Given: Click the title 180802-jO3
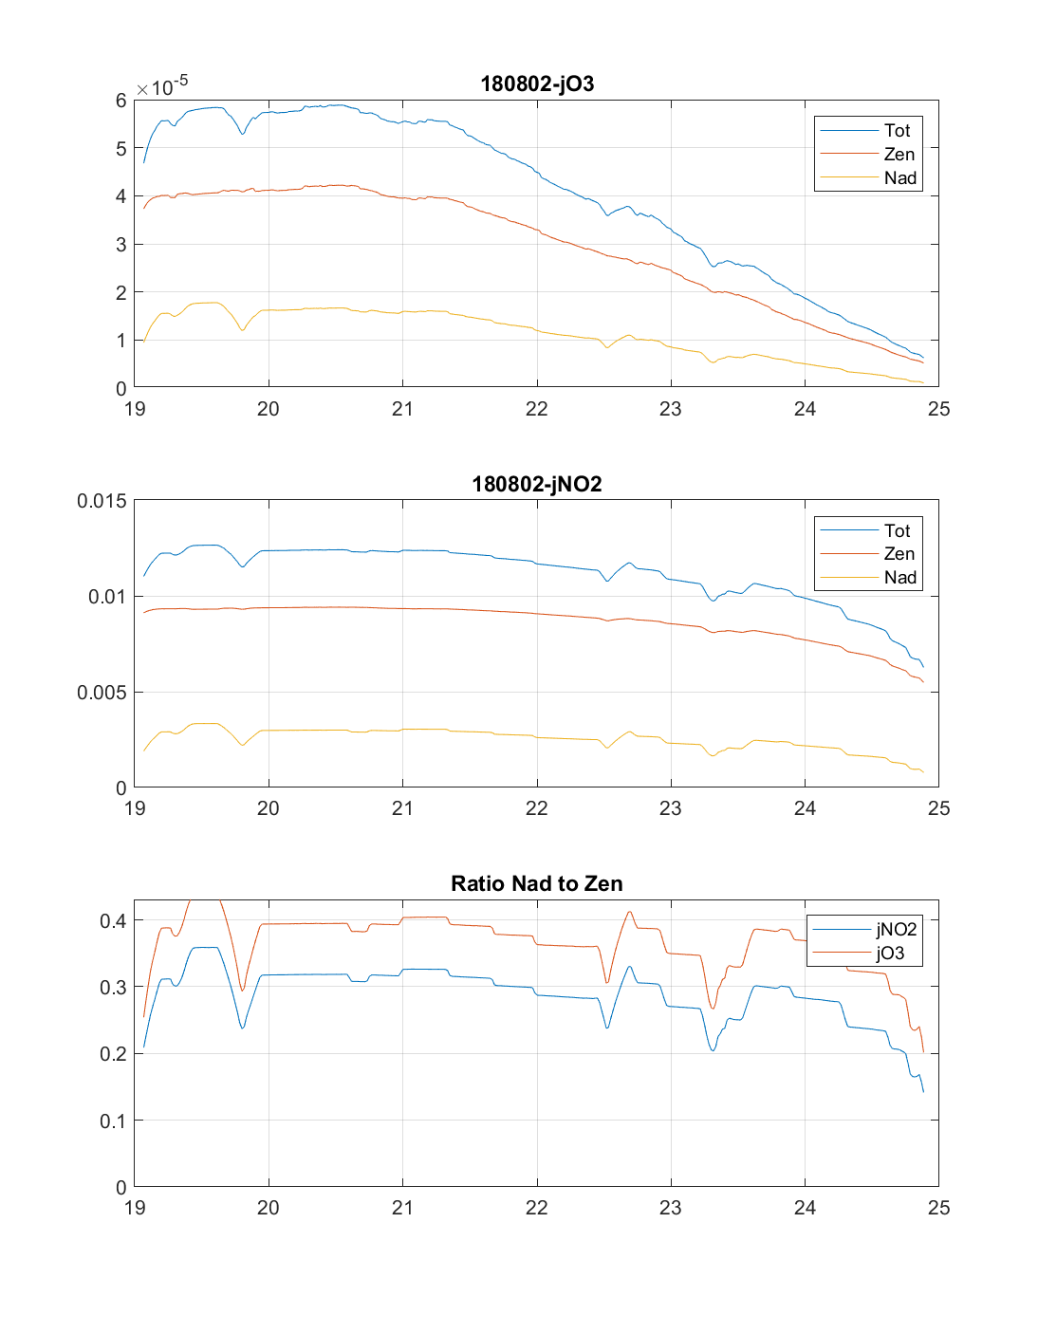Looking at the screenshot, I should point(537,83).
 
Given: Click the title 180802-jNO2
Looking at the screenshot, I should point(537,484).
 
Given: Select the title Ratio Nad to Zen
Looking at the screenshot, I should point(537,883).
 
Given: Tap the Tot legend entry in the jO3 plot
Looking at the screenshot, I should point(897,131).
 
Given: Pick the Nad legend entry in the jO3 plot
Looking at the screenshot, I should point(899,177).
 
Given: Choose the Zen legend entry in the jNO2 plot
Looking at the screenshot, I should point(899,554).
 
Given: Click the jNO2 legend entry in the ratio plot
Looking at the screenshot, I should point(896,930).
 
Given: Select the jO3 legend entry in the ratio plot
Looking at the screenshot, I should point(890,954).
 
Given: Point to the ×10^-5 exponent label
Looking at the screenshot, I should point(162,86).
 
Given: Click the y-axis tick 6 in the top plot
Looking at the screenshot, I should point(120,101).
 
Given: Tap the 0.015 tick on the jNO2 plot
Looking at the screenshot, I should point(102,501).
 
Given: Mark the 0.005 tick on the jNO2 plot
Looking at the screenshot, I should point(102,693).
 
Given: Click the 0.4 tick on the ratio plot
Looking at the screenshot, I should point(113,921).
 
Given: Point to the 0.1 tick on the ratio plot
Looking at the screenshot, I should point(113,1121).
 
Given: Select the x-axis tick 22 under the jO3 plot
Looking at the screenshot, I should point(537,409).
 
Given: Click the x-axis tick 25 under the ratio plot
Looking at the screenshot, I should point(938,1208).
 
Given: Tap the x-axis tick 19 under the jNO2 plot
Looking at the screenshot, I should point(135,808).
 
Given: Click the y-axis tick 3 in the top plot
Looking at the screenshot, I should point(120,245).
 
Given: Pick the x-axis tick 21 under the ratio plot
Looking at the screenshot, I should point(402,1208).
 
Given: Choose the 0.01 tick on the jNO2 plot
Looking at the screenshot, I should point(106,597).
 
